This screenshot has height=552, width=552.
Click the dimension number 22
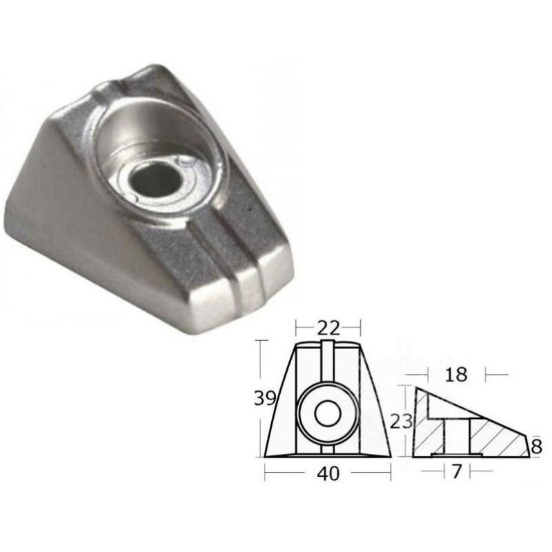tap(328, 330)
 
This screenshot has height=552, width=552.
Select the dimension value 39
tap(265, 399)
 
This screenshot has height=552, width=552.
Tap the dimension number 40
tap(328, 476)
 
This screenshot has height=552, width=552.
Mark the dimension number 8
tap(537, 447)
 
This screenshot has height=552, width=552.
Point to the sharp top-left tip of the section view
tap(416, 391)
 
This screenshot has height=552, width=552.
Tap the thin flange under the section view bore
tap(454, 455)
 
